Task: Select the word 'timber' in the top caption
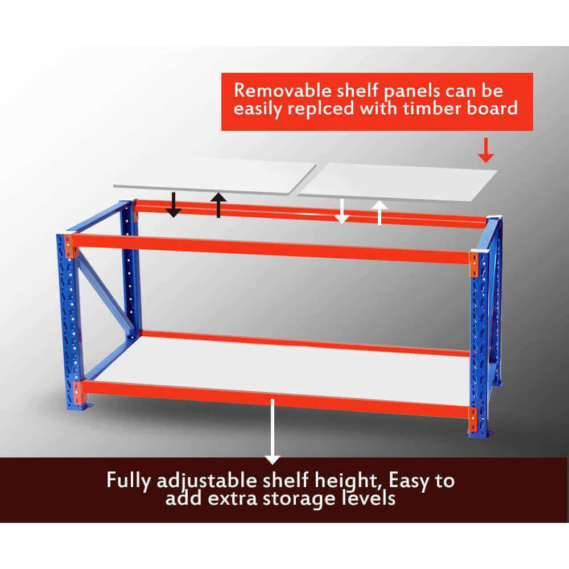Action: coord(436,108)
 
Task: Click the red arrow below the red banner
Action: coord(485,150)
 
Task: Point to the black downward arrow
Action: coord(173,205)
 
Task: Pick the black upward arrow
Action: coord(218,204)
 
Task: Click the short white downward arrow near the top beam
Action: coord(341,211)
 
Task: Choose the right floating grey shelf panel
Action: coord(398,181)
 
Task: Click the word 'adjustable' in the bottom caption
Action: coord(203,481)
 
